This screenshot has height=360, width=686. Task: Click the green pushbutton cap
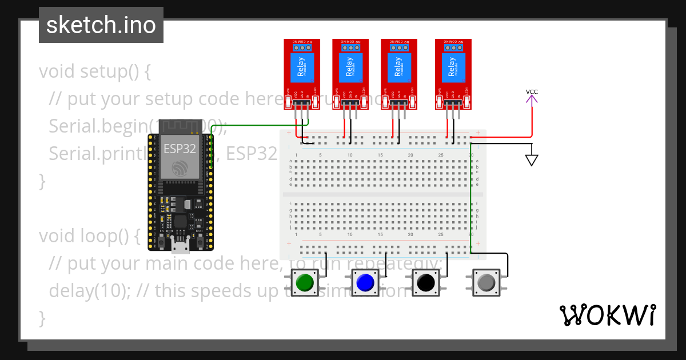[x=304, y=282]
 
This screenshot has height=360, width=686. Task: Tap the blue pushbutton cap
[x=365, y=282]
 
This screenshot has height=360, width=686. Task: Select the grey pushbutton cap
[x=486, y=282]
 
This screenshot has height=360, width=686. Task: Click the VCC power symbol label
[x=532, y=92]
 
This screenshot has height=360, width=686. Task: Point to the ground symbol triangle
[x=532, y=160]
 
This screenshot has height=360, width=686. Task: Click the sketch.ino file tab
[x=101, y=25]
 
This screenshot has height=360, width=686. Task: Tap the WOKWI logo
[x=607, y=315]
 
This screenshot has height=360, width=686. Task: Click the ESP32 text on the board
[x=180, y=149]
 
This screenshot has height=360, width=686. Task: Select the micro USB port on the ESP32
[x=181, y=246]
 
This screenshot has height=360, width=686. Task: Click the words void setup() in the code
[x=94, y=72]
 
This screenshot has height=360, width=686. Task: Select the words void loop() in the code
[x=89, y=236]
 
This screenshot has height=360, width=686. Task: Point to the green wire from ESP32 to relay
[x=257, y=126]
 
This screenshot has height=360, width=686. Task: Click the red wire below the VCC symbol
[x=532, y=120]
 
